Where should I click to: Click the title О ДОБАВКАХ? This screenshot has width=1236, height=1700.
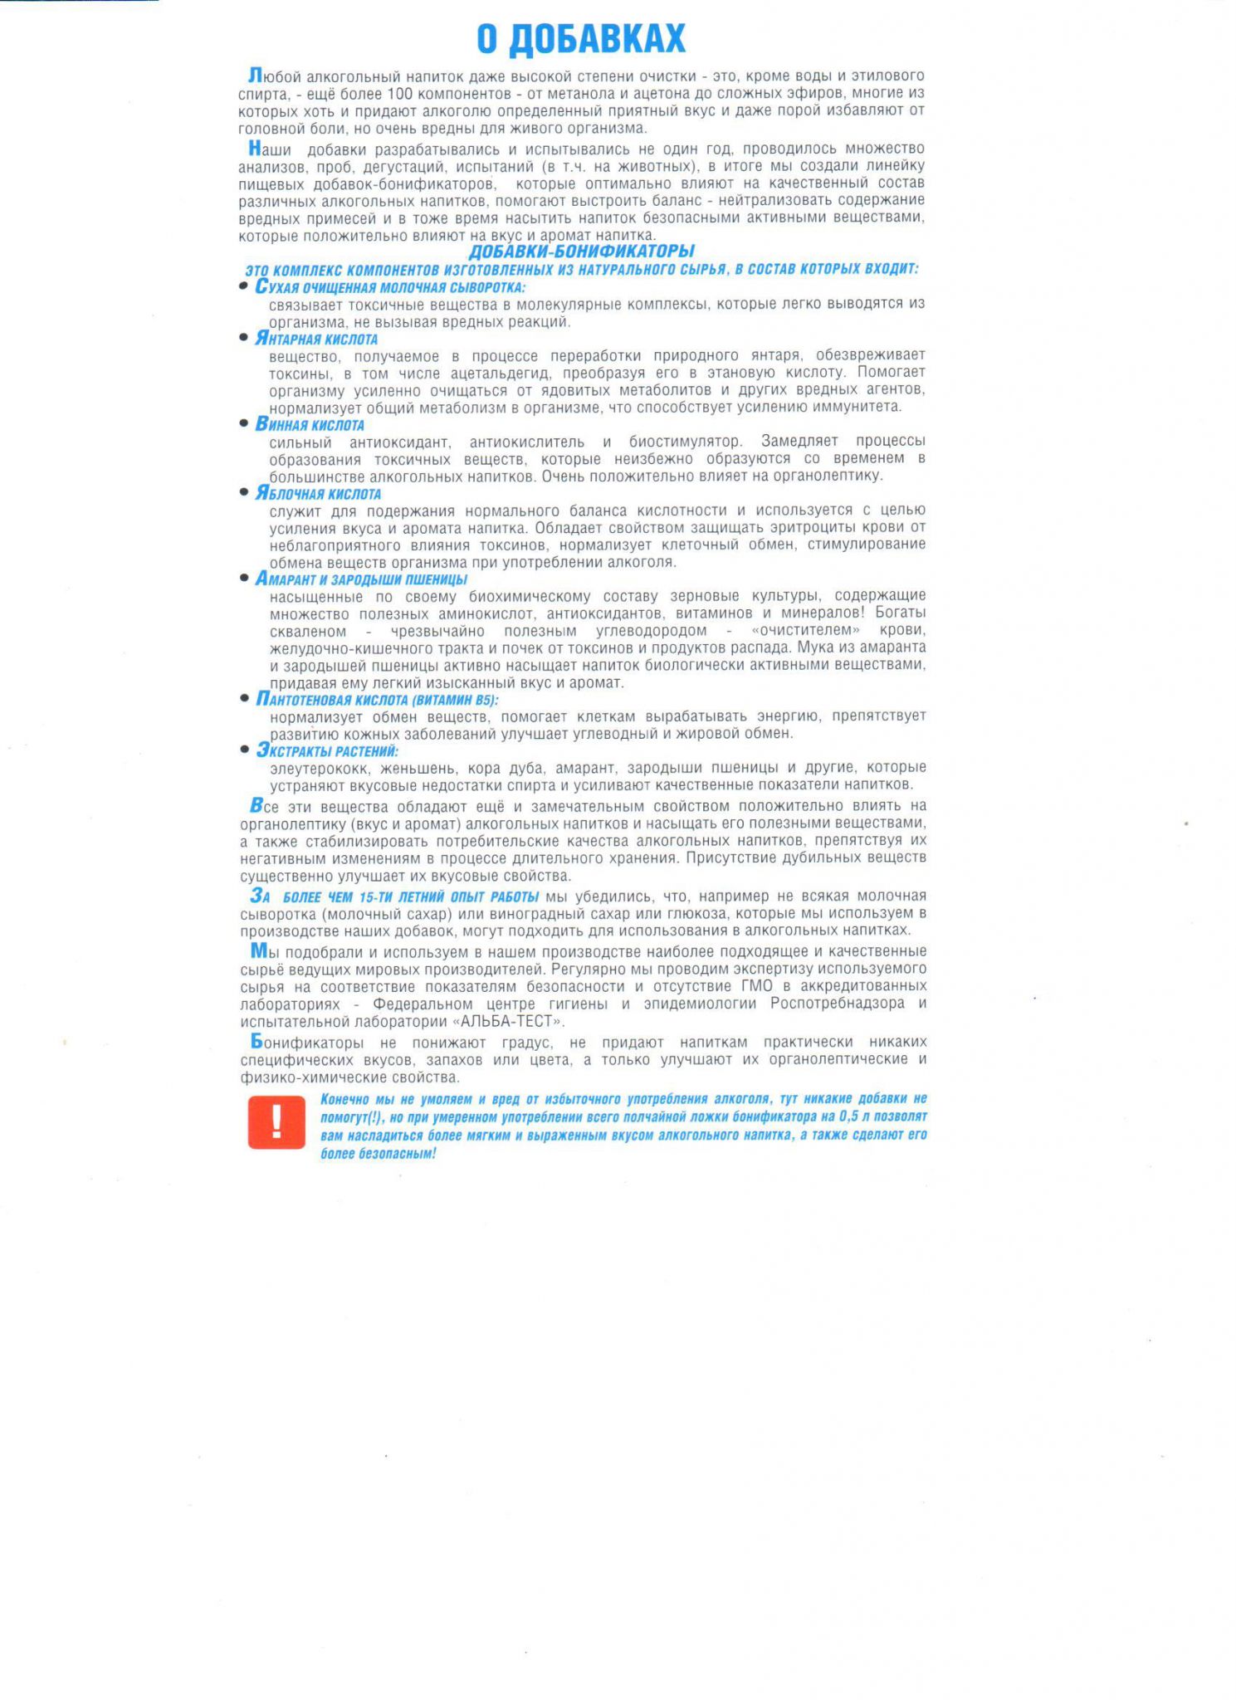tap(581, 38)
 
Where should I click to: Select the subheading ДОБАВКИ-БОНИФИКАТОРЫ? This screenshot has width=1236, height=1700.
tap(581, 251)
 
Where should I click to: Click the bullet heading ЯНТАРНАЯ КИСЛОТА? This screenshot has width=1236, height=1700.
tap(316, 339)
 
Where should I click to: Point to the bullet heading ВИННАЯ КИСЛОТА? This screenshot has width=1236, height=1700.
tap(310, 424)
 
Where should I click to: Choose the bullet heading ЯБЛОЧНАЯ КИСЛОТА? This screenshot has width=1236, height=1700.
tap(318, 493)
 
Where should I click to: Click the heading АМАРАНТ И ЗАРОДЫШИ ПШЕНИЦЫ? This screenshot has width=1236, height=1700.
tap(361, 579)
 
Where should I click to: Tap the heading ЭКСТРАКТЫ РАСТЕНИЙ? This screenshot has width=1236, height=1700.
tap(327, 750)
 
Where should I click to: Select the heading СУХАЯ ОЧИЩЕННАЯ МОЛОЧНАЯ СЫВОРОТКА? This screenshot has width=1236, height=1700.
tap(390, 287)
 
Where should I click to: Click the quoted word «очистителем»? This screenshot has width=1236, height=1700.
tap(805, 631)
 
